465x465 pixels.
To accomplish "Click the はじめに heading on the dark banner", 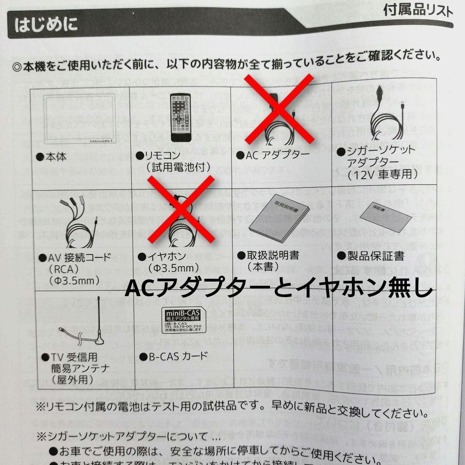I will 46,25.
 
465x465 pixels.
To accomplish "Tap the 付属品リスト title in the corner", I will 417,10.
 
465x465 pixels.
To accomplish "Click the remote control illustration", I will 180,117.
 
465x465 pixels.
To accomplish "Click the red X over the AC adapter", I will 279,109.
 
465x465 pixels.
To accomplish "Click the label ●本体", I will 51,156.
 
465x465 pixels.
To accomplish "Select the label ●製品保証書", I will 371,257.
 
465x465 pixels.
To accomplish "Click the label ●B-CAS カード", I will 174,356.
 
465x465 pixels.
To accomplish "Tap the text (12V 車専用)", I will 383,174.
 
